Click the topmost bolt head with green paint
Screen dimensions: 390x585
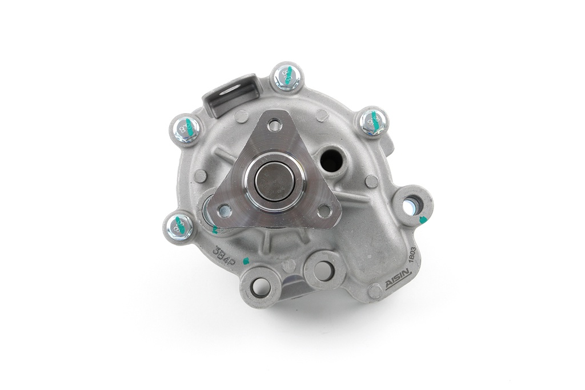pyautogui.click(x=287, y=76)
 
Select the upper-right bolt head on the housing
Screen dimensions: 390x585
pyautogui.click(x=374, y=122)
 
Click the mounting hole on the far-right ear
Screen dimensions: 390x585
pyautogui.click(x=410, y=202)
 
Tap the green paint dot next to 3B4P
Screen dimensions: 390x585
pyautogui.click(x=246, y=261)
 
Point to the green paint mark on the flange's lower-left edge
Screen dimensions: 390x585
pyautogui.click(x=215, y=230)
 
